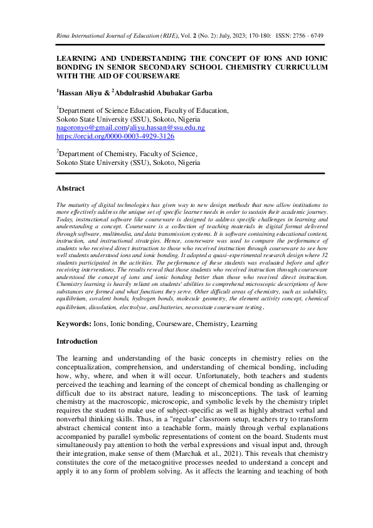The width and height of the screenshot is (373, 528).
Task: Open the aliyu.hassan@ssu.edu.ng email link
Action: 166,127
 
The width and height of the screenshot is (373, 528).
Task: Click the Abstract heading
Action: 70,187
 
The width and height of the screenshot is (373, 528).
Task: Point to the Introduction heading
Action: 77,341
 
